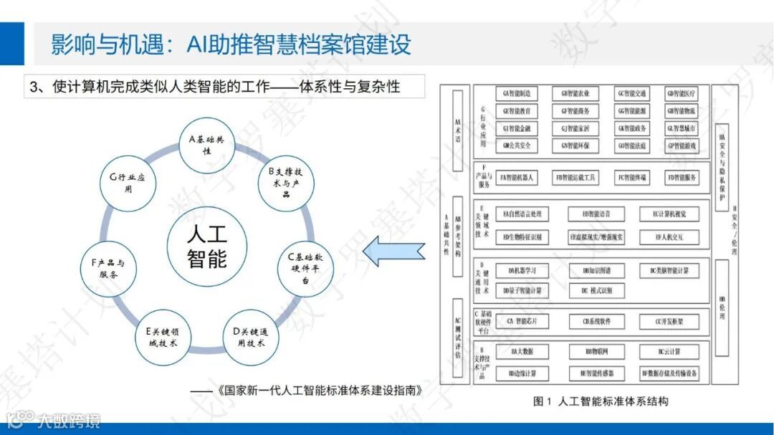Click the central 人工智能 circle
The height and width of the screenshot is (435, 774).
[207, 247]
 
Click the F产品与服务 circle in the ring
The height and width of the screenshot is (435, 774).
[108, 269]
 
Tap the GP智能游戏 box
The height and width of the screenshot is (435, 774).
[681, 145]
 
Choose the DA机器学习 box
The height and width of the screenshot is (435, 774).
[517, 271]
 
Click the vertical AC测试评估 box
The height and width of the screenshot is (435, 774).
[457, 333]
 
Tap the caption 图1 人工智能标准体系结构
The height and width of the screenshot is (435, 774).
[601, 401]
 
